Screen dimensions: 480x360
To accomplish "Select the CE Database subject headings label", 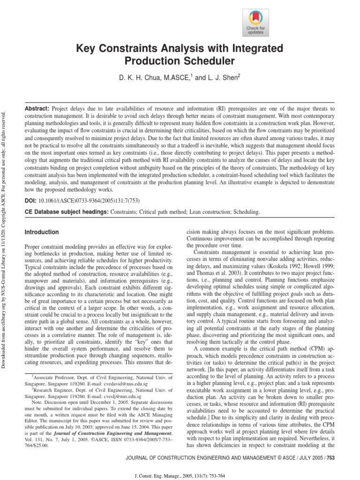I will (66, 212).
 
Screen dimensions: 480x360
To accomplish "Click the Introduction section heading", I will (42, 232).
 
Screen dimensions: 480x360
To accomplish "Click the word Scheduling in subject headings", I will (243, 212).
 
